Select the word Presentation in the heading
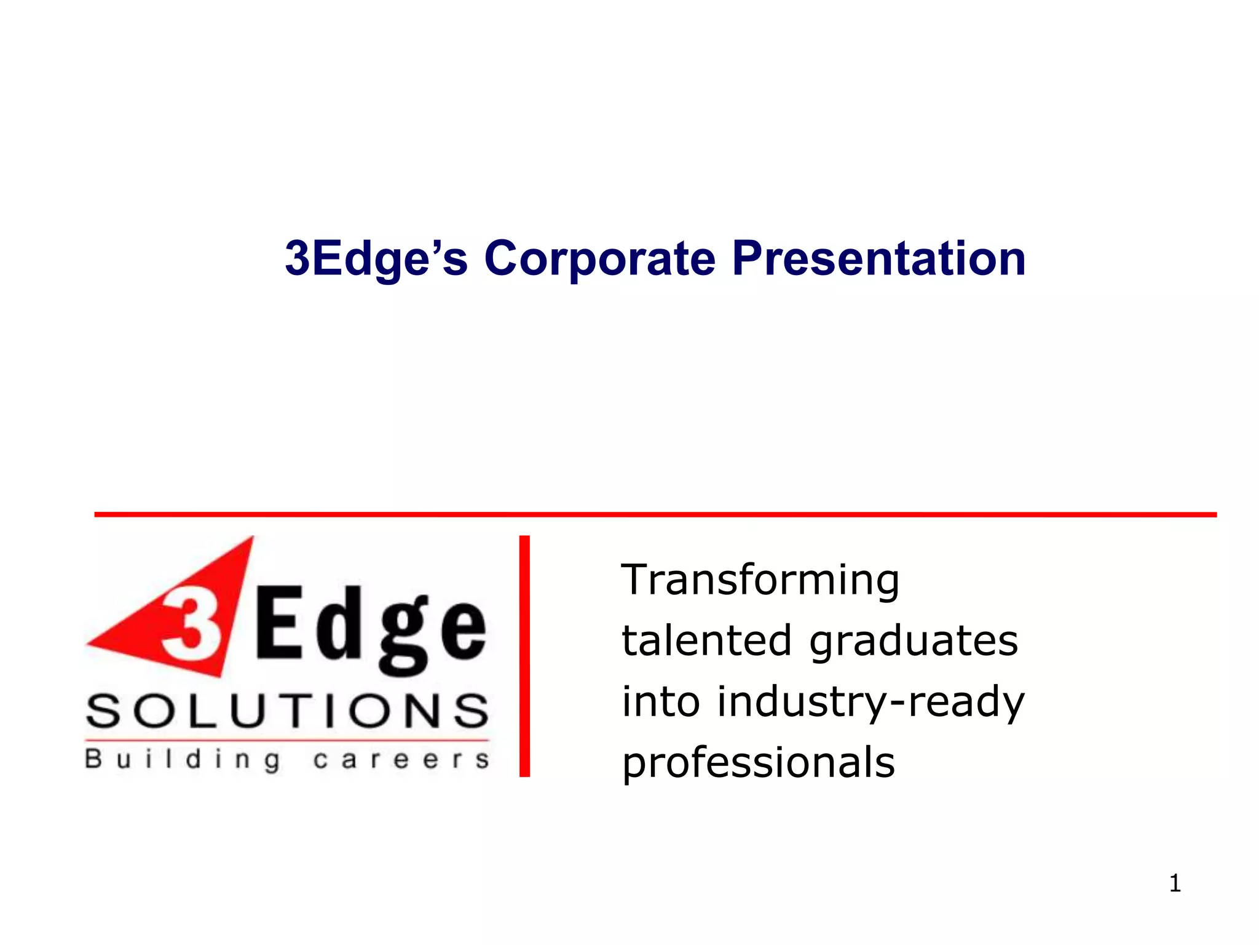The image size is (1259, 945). click(878, 258)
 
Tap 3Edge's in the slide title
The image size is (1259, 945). click(376, 258)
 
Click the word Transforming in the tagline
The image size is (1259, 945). click(760, 580)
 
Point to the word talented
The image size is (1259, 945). click(706, 640)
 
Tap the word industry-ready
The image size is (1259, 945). click(870, 703)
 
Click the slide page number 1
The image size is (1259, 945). click(1175, 883)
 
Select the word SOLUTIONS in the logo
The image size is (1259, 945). click(287, 712)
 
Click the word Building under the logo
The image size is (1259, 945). click(183, 760)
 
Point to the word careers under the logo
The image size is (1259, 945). click(401, 760)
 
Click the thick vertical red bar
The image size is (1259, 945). click(524, 656)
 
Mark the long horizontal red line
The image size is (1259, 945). click(655, 514)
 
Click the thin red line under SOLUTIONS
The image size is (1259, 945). click(287, 740)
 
